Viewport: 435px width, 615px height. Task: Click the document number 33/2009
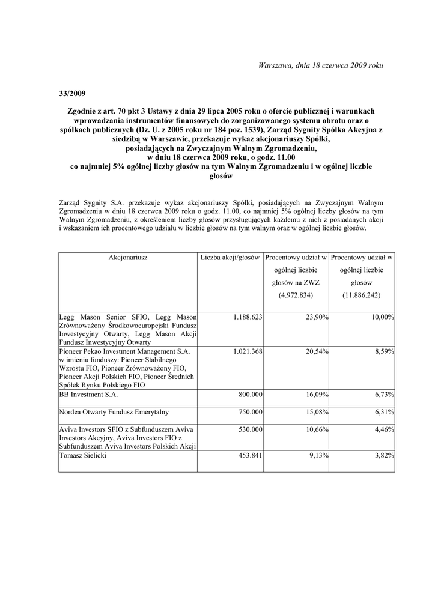[72, 93]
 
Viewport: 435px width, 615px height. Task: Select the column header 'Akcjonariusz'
[128, 257]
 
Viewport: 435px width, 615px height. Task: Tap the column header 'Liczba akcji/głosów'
[230, 257]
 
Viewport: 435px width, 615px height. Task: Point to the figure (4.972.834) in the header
[296, 295]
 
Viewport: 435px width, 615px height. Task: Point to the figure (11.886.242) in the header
[362, 295]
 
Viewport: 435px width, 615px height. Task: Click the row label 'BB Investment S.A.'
[88, 395]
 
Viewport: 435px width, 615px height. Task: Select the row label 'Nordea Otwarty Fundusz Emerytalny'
[114, 412]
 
